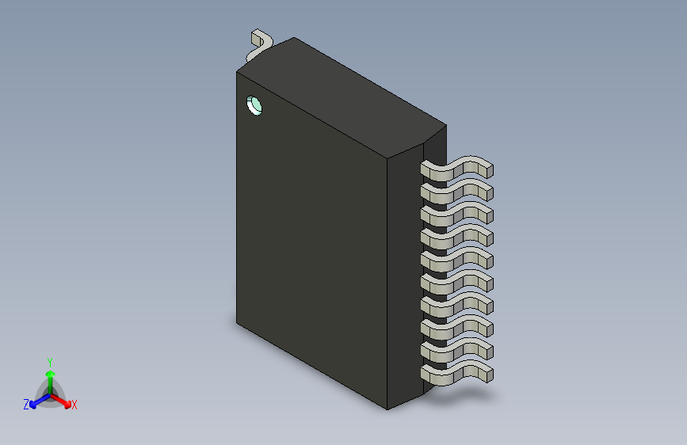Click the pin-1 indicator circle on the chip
pyautogui.click(x=255, y=105)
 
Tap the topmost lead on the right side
pyautogui.click(x=456, y=169)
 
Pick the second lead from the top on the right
pyautogui.click(x=456, y=192)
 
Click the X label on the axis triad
pyautogui.click(x=74, y=405)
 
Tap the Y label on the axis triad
pyautogui.click(x=49, y=360)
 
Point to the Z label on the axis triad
pyautogui.click(x=26, y=405)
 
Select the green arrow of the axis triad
pyautogui.click(x=50, y=376)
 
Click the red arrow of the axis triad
pyautogui.click(x=63, y=401)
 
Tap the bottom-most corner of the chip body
pyautogui.click(x=387, y=409)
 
